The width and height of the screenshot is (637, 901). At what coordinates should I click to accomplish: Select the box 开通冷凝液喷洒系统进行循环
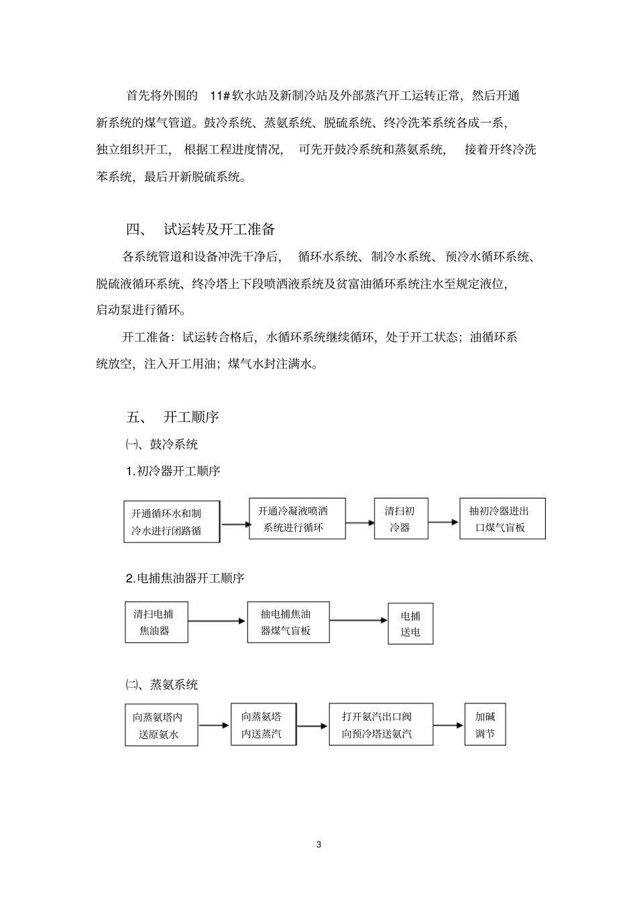pos(297,518)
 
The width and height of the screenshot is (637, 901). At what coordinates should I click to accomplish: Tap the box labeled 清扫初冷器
pos(400,518)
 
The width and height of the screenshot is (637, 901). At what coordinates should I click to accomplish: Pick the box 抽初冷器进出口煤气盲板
pos(502,518)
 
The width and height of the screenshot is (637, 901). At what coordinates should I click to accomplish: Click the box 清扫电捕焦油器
pos(156,622)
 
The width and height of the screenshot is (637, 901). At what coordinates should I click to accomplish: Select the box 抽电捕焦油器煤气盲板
pos(288,622)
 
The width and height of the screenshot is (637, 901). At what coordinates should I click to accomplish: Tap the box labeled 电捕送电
pos(410,624)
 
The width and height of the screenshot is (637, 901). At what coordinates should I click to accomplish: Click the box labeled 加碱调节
pos(485,725)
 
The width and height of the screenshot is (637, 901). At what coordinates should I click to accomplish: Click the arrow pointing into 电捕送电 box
pos(359,621)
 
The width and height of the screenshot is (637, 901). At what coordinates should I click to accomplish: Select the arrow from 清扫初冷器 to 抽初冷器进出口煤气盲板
pos(443,521)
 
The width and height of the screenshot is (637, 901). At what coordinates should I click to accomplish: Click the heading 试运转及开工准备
pos(219,229)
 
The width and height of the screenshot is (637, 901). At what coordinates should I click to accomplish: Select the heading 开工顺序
pos(191,417)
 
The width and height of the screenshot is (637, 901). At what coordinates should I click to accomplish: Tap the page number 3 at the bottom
pos(318,845)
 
